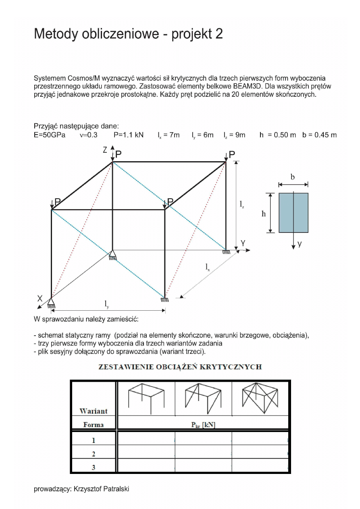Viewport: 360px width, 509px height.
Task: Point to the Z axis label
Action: coord(105,150)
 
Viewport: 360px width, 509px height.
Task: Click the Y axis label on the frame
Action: coord(243,243)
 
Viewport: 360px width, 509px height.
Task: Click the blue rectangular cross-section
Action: coord(293,212)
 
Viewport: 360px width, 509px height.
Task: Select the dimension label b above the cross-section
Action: coord(293,177)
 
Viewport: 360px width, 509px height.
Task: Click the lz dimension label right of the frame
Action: coord(242,205)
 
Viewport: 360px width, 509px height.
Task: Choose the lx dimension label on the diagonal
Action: coord(207,266)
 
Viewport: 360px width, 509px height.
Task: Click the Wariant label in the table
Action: coord(94,411)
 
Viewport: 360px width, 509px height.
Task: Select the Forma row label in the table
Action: coord(94,424)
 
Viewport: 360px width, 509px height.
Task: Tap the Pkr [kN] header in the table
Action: coord(203,425)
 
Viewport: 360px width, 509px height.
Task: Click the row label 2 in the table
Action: coord(94,454)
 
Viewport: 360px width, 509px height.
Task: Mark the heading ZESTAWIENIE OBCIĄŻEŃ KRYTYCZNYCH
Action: coord(180,367)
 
